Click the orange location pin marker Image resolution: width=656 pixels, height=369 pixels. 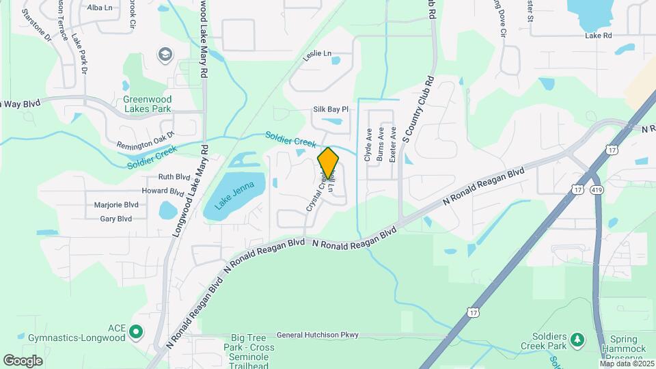pos(328,163)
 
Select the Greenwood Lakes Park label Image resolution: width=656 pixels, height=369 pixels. pos(147,103)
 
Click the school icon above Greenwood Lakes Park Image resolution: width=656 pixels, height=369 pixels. pos(165,54)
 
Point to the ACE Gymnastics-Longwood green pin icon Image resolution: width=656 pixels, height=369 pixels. pos(136,332)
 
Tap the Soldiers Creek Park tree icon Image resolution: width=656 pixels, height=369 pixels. pos(577,339)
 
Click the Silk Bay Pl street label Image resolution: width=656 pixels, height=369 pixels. pos(331,109)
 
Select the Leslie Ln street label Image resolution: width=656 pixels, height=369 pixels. pos(317,53)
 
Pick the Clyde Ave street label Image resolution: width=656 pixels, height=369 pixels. pos(368,145)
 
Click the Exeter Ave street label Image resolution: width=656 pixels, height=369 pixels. pos(393,145)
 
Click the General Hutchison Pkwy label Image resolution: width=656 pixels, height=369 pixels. pos(317,336)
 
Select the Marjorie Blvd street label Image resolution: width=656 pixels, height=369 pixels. pos(116,204)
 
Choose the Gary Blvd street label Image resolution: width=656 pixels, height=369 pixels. pos(115,219)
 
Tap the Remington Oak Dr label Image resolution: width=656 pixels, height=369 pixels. pos(146,140)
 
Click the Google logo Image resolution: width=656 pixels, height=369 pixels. pos(23,360)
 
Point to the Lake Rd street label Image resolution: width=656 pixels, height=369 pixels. pos(598,35)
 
